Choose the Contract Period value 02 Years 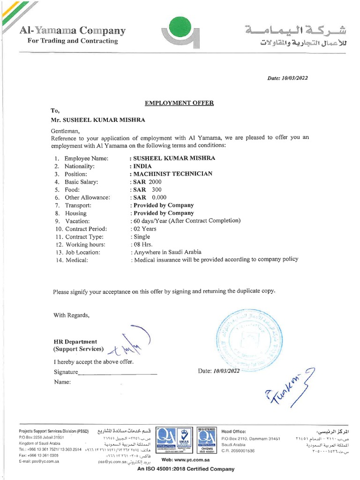point(144,229)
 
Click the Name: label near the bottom point(62,382)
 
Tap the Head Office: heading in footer point(233,431)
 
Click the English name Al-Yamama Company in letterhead point(73,31)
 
